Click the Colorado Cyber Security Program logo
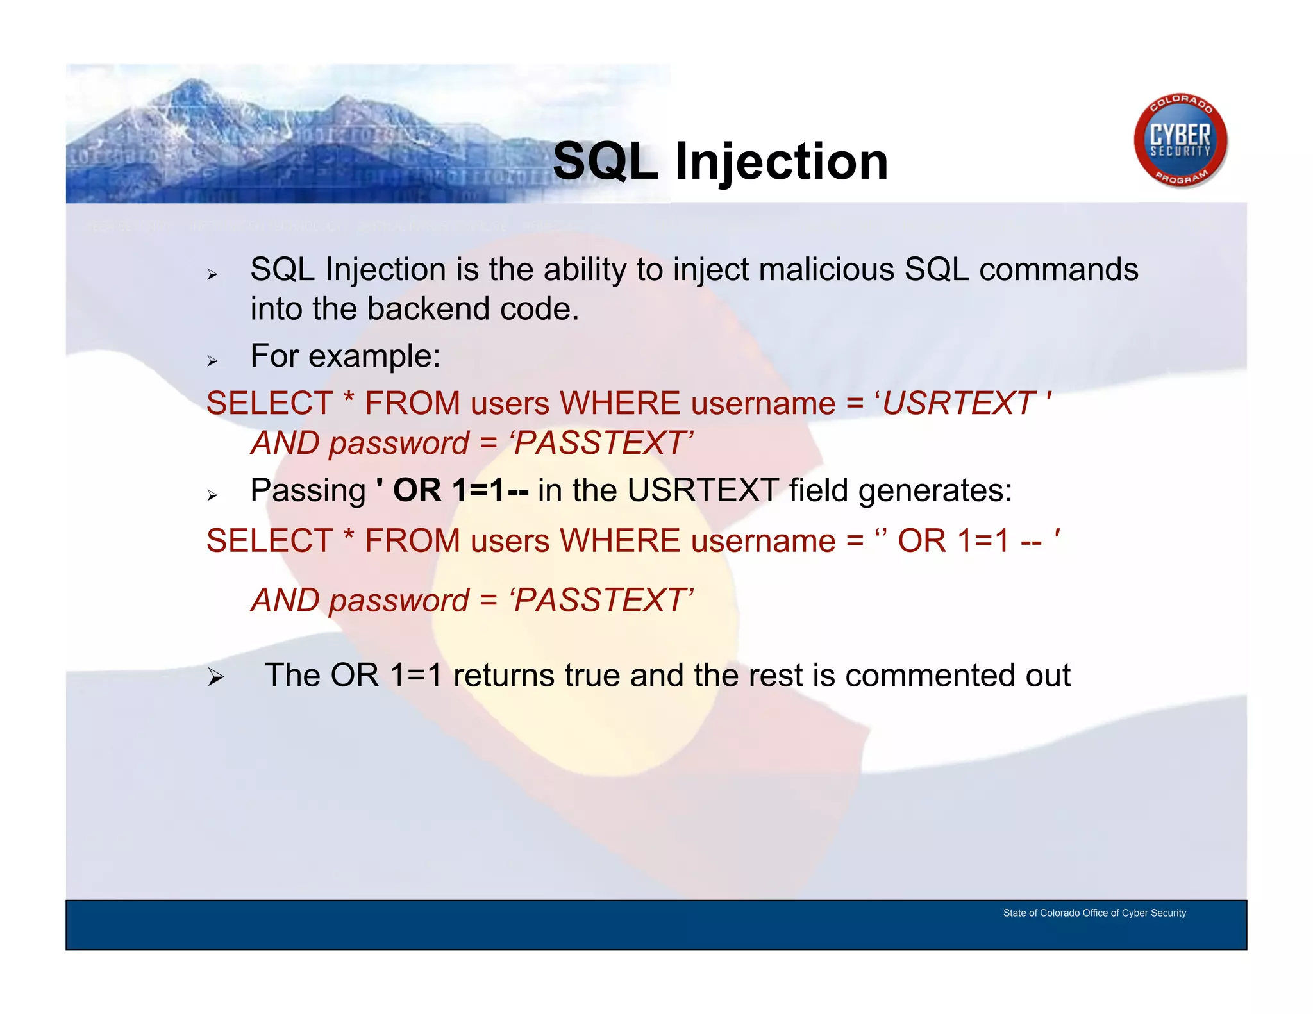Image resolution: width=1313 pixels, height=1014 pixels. pyautogui.click(x=1180, y=142)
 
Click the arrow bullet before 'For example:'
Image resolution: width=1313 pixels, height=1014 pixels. pyautogui.click(x=213, y=361)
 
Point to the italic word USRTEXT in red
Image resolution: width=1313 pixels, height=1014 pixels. pyautogui.click(x=958, y=404)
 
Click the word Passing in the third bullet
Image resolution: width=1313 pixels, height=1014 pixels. pyautogui.click(x=308, y=491)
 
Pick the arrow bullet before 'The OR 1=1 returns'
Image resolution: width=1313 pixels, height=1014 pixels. pyautogui.click(x=216, y=677)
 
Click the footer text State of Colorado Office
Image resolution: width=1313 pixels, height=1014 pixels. pyautogui.click(x=1094, y=913)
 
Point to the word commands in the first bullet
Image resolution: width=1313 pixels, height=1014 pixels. pyautogui.click(x=1058, y=269)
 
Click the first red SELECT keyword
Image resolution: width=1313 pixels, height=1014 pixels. pyautogui.click(x=269, y=404)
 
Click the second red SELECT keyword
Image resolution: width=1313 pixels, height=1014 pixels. pyautogui.click(x=269, y=541)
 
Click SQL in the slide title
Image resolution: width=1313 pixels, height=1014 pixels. pyautogui.click(x=605, y=162)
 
